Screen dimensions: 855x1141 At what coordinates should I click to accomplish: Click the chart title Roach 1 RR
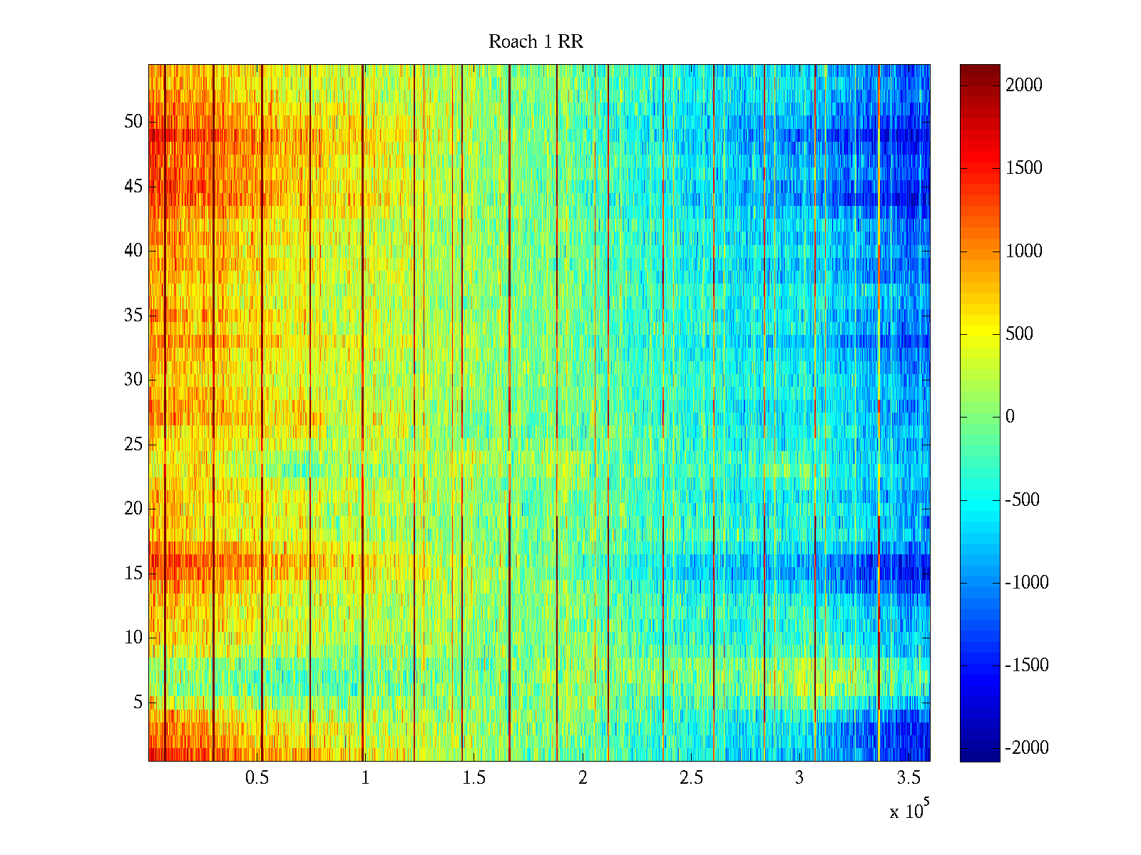(x=536, y=42)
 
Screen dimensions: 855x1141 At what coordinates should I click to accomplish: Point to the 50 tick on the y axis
(x=133, y=122)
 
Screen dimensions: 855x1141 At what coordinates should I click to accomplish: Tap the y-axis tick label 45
(x=133, y=187)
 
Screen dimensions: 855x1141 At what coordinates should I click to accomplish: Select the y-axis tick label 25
(x=133, y=445)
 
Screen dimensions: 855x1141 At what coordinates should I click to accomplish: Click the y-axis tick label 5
(x=138, y=703)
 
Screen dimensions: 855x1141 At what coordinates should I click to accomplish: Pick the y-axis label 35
(x=133, y=316)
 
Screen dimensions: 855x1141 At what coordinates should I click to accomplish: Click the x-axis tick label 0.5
(x=257, y=778)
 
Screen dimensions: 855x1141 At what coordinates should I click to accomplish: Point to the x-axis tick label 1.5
(x=474, y=778)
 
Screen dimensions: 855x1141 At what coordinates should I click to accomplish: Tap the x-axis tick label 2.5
(x=691, y=778)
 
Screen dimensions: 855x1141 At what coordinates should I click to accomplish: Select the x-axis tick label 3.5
(x=908, y=778)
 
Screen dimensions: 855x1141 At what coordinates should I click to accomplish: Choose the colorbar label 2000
(x=1024, y=85)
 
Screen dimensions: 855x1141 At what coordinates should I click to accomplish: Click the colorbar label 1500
(x=1024, y=168)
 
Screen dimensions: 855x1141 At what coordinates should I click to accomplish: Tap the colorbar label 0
(x=1010, y=417)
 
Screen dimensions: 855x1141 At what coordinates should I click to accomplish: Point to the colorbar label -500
(x=1022, y=499)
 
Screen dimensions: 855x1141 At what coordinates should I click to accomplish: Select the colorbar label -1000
(x=1027, y=583)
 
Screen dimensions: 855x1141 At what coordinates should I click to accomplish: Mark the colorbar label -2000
(x=1027, y=748)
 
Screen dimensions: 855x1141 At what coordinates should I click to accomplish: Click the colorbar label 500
(x=1019, y=334)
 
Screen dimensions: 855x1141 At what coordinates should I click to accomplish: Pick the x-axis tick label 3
(x=799, y=778)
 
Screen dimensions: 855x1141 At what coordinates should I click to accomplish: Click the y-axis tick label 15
(x=133, y=574)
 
